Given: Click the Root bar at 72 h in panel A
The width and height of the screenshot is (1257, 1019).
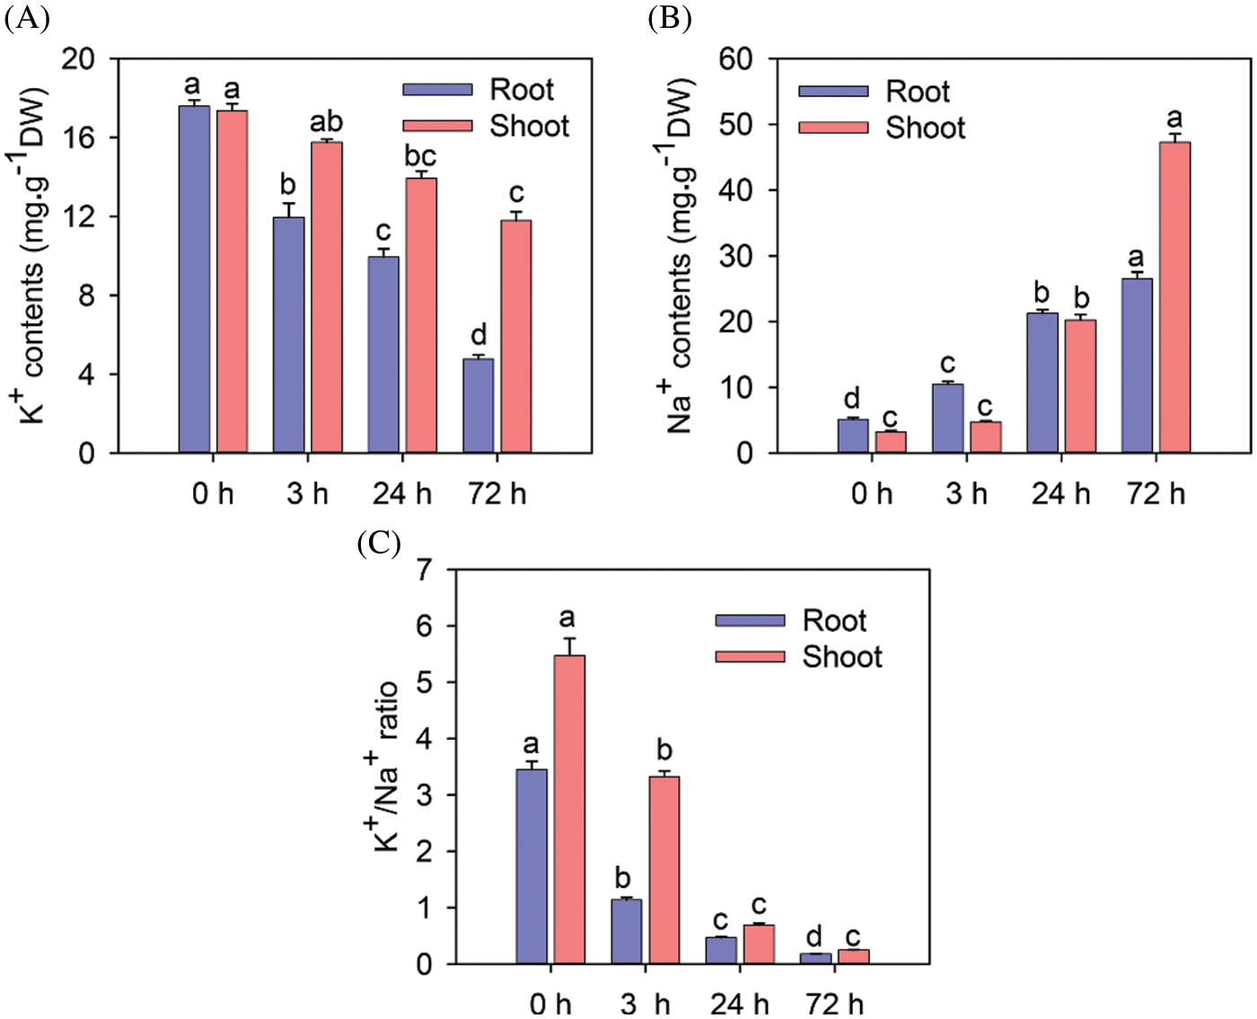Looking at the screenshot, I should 479,406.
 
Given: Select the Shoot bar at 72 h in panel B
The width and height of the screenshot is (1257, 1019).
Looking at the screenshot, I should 1174,297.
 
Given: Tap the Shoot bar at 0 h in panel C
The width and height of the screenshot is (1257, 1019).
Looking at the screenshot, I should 569,809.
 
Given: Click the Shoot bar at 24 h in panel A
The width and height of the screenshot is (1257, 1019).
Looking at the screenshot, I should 421,315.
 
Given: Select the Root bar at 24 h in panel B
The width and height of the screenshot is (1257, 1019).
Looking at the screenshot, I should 1042,382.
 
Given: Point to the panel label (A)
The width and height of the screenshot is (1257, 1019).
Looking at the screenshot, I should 26,18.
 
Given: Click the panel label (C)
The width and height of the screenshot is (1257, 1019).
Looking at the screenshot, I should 379,544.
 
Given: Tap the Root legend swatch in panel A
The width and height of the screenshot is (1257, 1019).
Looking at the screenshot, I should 437,90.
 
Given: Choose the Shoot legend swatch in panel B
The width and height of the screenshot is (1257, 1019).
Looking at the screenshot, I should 833,127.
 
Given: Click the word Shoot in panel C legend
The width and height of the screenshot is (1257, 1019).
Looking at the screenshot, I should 842,656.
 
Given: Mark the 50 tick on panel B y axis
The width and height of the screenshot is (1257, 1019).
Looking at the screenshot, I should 735,124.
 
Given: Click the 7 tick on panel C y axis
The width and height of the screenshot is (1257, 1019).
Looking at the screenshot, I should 425,569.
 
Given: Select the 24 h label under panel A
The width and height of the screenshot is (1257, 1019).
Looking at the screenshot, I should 402,493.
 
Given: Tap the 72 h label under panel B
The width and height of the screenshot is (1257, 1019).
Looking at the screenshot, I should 1156,493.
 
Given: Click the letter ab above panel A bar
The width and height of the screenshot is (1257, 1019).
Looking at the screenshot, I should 326,121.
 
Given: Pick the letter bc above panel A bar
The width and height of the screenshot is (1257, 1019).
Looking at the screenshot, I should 420,156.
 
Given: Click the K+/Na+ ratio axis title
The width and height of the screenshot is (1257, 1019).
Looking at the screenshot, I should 387,766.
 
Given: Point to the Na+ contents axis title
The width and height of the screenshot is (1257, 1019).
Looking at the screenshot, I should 681,256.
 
